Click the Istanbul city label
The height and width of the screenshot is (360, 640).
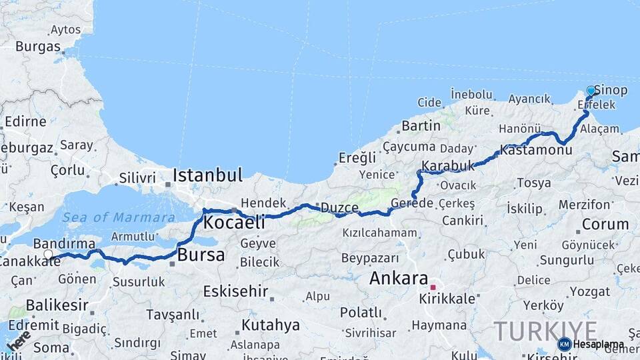[x=207, y=175]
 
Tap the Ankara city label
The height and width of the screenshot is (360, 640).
[x=398, y=277]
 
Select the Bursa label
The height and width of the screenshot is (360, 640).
[x=201, y=255]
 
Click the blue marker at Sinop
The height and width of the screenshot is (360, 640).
[x=591, y=91]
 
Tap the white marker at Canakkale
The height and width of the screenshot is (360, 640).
[x=48, y=254]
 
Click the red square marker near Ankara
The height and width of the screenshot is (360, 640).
[x=433, y=287]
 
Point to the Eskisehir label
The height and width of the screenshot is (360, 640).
[x=235, y=291]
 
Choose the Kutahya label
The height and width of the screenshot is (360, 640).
[x=270, y=325]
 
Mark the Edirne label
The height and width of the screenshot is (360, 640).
[x=25, y=122]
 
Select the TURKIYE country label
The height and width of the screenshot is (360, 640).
[x=545, y=331]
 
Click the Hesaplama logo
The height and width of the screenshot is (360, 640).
[x=590, y=344]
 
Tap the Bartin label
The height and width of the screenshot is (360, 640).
[x=421, y=125]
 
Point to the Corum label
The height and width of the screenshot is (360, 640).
[x=605, y=224]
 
